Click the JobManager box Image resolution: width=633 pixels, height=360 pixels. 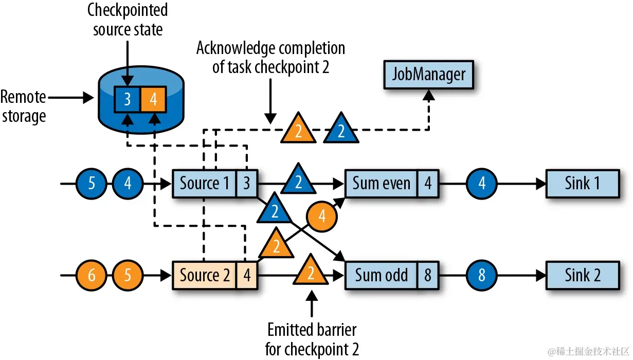pos(428,75)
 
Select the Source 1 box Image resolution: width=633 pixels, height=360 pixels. pos(204,183)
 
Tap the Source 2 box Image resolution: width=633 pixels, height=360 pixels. pos(204,276)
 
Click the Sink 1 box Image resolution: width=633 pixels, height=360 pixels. pos(582,183)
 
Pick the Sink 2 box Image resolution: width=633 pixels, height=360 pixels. pos(582,276)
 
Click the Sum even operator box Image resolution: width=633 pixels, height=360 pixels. pos(381,183)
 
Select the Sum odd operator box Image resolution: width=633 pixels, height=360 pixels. pos(381,276)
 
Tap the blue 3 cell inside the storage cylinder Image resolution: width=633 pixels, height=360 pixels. pos(127,99)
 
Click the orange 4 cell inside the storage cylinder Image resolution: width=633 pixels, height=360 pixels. pos(153,99)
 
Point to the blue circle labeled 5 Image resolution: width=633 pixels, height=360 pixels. pos(91,183)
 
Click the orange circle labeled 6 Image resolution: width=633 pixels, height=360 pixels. pos(91,276)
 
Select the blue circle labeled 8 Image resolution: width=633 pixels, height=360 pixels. pos(482,276)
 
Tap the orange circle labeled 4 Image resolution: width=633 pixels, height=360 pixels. pos(322,217)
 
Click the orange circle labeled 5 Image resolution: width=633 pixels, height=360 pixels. pos(128,276)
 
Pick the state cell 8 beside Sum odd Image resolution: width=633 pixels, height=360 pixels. pos(427,276)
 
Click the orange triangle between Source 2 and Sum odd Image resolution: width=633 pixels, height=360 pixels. pos(311,272)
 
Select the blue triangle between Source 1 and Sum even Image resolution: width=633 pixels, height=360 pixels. pos(298,179)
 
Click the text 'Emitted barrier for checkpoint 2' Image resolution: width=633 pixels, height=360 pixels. pos(311,339)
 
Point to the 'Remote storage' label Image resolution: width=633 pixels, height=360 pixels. pos(23,106)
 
